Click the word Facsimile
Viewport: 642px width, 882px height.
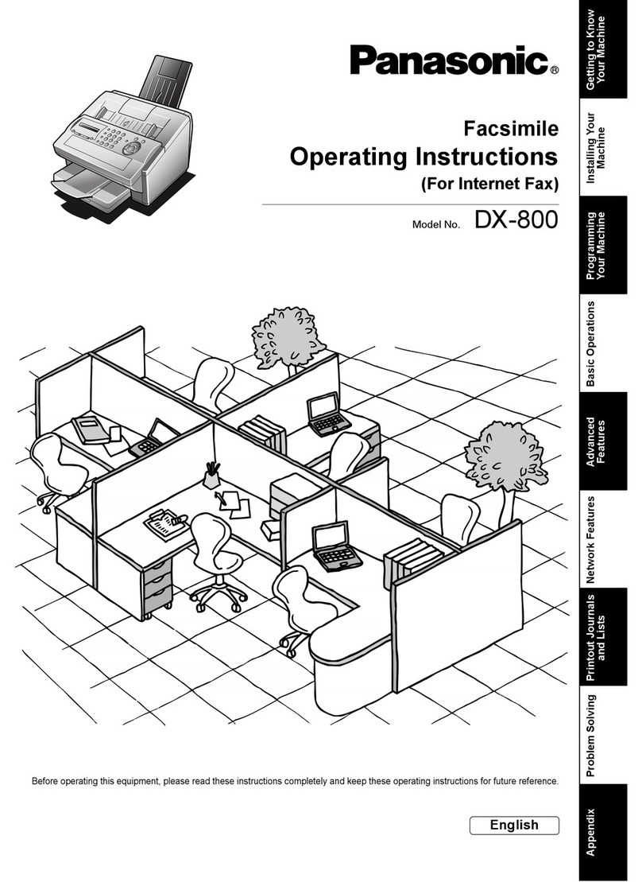[x=511, y=128]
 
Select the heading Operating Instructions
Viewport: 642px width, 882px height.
[x=424, y=156]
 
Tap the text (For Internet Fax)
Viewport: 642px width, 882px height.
[x=489, y=185]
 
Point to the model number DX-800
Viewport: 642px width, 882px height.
[x=516, y=220]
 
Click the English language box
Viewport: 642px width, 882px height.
[x=514, y=825]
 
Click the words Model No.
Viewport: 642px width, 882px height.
[x=436, y=225]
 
